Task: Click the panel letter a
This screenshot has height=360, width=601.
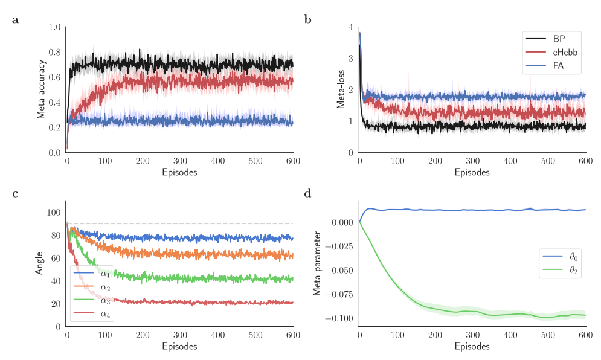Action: point(15,20)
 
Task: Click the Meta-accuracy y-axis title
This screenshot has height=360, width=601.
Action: point(42,89)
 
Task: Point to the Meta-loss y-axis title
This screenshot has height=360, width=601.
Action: point(341,89)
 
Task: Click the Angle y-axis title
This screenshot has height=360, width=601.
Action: point(39,263)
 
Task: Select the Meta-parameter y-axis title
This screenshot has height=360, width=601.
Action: point(317,263)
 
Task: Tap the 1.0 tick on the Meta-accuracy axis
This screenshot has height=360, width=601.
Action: point(54,27)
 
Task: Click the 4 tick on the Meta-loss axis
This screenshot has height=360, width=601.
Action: point(351,27)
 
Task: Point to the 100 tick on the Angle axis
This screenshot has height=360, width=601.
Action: point(53,212)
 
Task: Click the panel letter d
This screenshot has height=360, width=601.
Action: point(307,194)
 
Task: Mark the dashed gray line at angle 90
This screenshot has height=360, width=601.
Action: point(181,223)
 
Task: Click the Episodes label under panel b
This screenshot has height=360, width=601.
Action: point(472,172)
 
